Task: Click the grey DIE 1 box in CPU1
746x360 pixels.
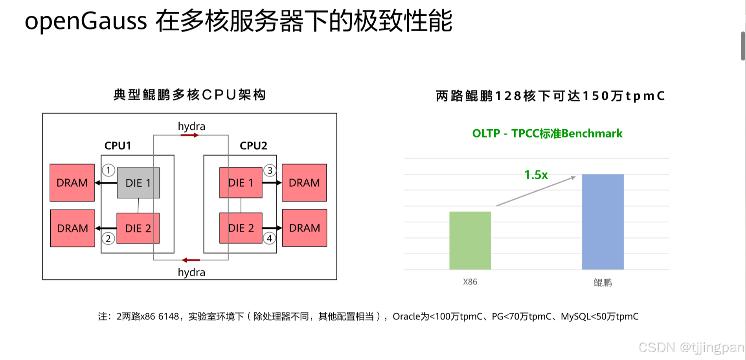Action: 138,183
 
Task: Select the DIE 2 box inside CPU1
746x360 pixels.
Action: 138,228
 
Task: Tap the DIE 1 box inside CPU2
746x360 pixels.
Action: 241,183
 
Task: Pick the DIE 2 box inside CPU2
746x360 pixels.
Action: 241,228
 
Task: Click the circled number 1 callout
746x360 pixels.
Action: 108,170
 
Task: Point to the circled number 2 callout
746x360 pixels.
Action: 108,238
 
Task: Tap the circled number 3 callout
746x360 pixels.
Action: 270,170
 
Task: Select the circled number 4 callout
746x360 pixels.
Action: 269,238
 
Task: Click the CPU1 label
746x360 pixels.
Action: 118,146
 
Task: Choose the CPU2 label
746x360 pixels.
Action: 254,146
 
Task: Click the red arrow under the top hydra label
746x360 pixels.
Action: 189,135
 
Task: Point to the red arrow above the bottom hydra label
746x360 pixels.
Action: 191,260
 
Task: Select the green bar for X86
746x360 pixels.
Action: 470,241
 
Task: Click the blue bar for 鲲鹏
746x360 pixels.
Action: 603,222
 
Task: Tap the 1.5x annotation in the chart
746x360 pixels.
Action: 536,175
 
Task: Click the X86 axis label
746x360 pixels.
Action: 470,282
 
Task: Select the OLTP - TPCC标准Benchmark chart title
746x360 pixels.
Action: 547,134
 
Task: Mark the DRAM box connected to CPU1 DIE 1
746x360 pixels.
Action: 72,183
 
